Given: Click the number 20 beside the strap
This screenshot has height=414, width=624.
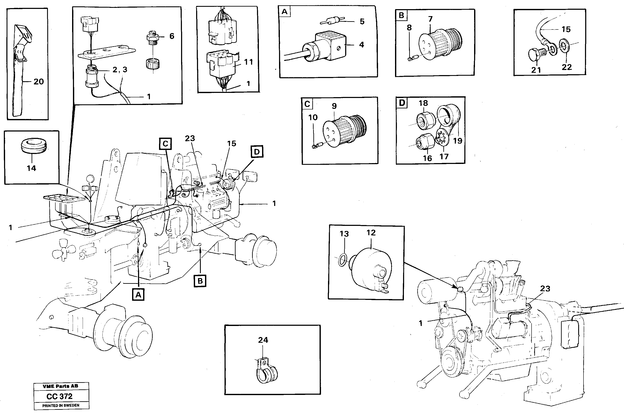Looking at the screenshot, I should point(39,82).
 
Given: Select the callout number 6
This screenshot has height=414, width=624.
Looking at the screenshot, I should point(172,36).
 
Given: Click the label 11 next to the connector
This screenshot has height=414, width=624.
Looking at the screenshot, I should point(248,62).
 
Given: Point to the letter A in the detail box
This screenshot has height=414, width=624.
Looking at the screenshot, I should point(284,12).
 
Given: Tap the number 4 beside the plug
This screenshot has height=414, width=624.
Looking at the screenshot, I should point(361,45).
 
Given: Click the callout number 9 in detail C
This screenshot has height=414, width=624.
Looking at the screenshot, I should point(334,106).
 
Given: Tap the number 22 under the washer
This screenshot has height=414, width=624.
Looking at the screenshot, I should point(567,67).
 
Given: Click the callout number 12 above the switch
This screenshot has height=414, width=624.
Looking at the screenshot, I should point(371,233).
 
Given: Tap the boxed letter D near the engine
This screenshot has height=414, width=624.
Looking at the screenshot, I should point(257,152).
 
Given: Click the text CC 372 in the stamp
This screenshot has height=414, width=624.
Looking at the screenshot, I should point(59,396).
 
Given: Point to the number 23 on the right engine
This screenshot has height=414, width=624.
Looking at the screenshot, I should point(545,289).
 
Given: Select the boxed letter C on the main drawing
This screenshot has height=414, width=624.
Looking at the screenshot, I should point(165,144).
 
